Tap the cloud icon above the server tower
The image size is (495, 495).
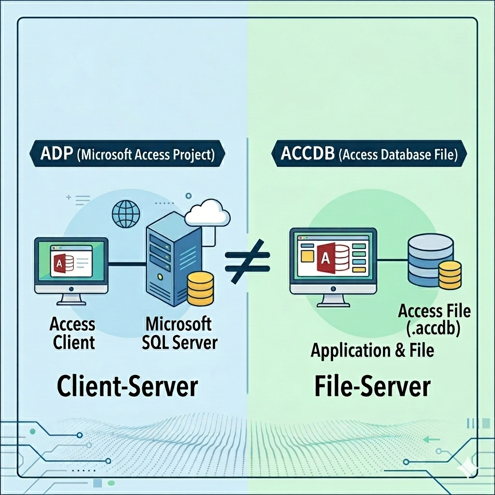tap(208, 213)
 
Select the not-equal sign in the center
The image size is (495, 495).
tap(247, 261)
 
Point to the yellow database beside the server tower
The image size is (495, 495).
tap(200, 289)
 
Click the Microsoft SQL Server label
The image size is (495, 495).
tap(179, 333)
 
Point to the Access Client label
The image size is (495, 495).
tap(73, 333)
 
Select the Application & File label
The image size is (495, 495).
tap(372, 350)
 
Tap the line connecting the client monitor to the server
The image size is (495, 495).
tap(127, 263)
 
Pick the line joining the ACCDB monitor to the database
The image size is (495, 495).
tap(392, 260)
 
